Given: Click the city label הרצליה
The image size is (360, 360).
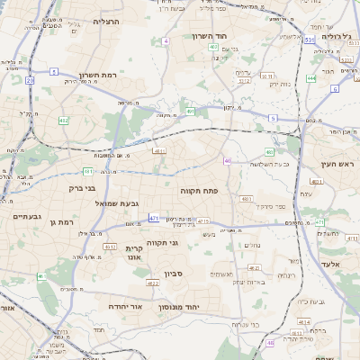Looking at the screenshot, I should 107,21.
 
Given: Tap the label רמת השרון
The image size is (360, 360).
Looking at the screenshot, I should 101,76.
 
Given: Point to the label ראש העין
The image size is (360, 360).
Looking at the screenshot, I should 339,165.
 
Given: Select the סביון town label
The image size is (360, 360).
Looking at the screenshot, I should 173,274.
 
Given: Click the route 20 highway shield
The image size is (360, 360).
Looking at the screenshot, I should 30,80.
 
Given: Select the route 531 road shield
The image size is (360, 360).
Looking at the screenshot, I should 309,40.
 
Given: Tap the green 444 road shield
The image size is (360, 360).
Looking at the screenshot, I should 310,78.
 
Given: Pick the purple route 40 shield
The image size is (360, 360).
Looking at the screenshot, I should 227,161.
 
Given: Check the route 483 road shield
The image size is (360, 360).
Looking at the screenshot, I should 269,152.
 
